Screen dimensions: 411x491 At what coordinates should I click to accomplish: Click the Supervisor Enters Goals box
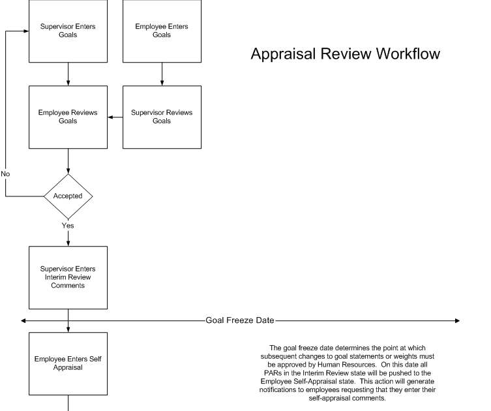(68, 31)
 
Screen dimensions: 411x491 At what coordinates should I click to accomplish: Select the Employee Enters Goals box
(162, 31)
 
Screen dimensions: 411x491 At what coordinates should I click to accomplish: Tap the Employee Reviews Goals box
(68, 117)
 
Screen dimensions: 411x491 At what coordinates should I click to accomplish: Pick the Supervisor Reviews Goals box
(162, 117)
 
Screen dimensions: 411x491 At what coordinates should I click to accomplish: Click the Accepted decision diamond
(68, 196)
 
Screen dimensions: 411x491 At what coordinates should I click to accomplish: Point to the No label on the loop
(5, 174)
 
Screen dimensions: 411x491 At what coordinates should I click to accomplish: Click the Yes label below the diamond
(68, 226)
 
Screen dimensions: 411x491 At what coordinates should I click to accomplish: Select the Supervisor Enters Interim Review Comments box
(68, 277)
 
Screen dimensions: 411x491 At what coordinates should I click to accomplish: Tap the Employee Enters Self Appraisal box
(68, 363)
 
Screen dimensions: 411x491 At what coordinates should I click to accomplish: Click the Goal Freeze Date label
(240, 320)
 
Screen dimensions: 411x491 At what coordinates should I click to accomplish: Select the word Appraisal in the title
(285, 54)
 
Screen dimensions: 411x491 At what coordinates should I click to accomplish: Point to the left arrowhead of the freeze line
(23, 320)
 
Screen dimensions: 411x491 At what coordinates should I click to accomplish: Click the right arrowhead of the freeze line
(457, 320)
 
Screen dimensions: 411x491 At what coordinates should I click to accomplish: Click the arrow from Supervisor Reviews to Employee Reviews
(115, 117)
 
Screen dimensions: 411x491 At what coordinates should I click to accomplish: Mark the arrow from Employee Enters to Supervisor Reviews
(162, 74)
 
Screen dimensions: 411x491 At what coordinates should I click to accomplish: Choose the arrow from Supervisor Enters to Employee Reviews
(68, 74)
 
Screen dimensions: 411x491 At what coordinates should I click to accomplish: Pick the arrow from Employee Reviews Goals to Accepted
(68, 161)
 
